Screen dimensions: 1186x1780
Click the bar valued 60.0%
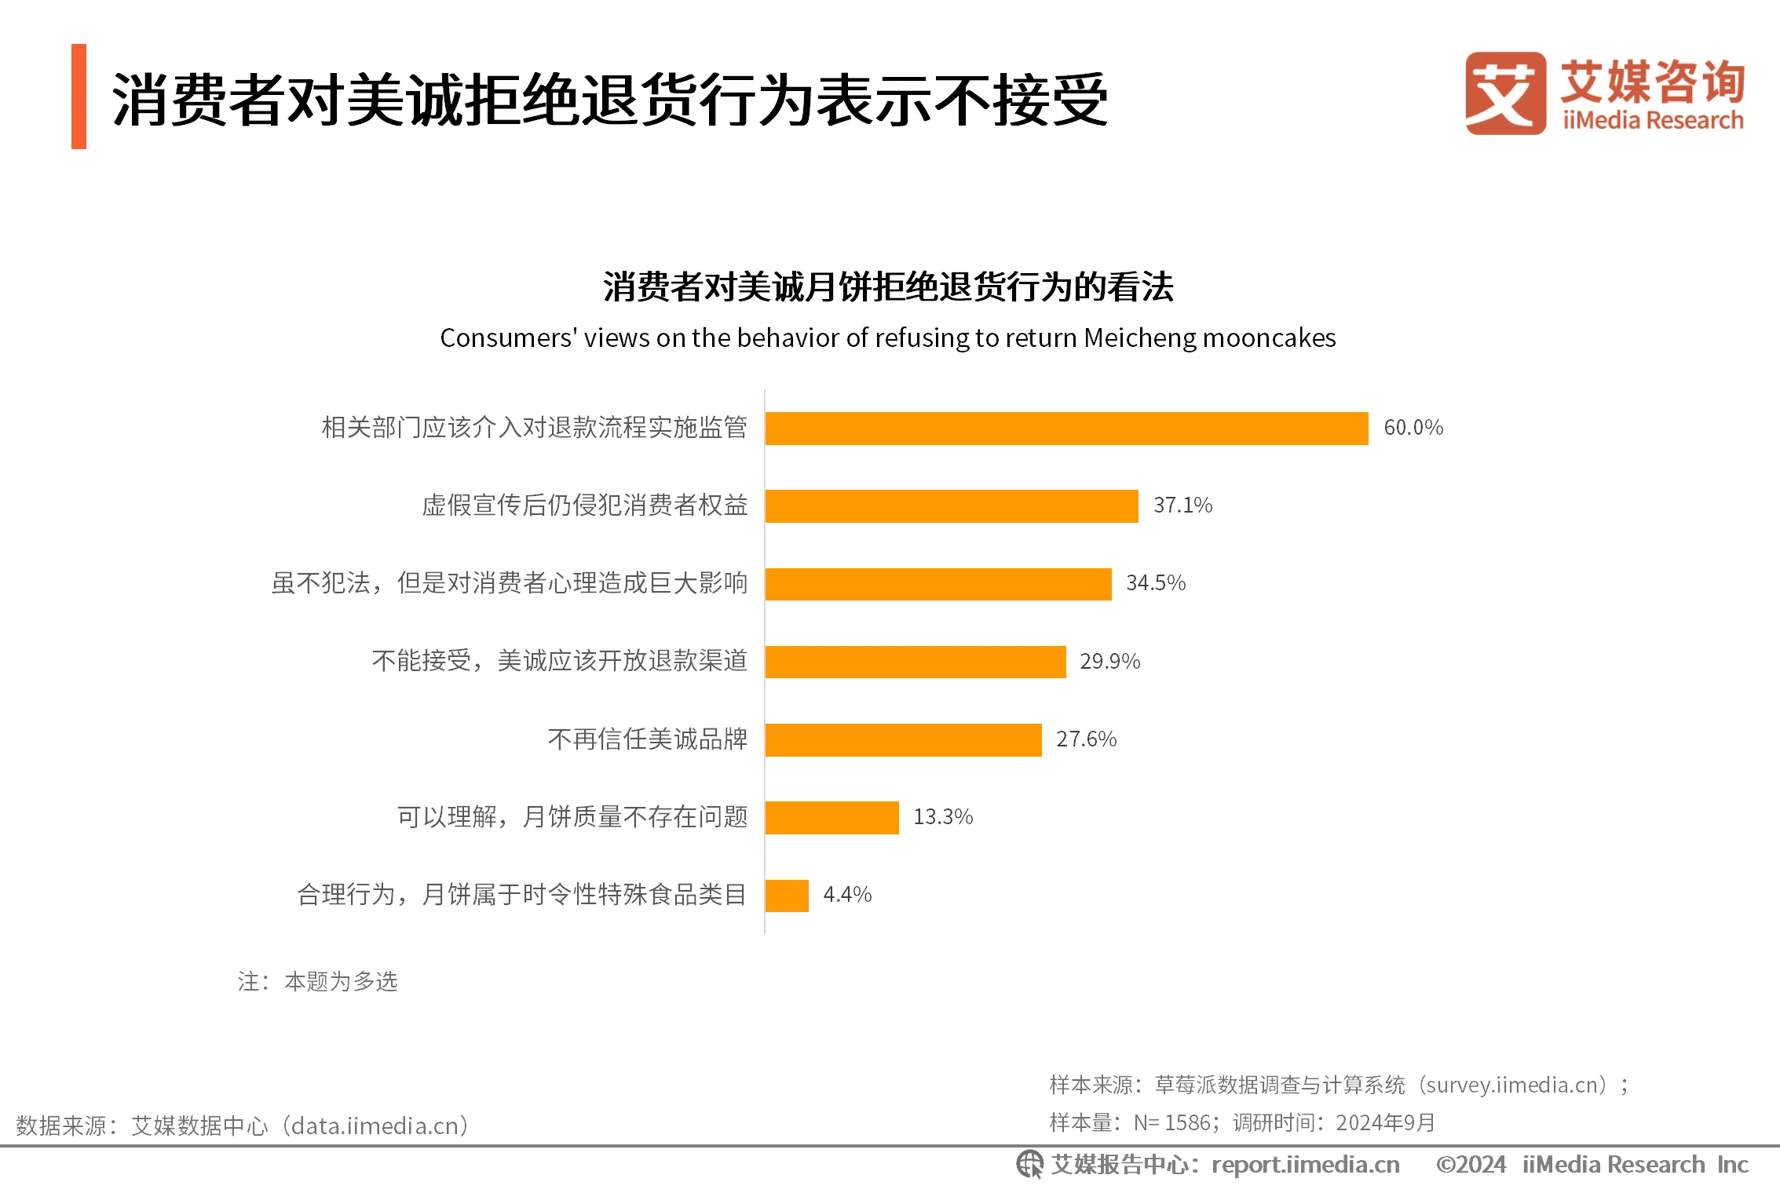click(1066, 428)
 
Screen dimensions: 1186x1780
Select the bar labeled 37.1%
click(952, 505)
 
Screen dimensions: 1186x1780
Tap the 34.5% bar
click(938, 584)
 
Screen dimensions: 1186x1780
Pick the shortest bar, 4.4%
click(787, 896)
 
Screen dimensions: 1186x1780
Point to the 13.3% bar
click(832, 817)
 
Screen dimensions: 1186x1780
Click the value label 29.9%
click(1109, 662)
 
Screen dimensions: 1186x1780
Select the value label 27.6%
click(1086, 739)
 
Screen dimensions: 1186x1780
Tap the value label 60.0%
click(1413, 428)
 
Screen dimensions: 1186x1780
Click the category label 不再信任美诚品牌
click(648, 739)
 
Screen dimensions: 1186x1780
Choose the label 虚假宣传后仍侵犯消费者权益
click(585, 505)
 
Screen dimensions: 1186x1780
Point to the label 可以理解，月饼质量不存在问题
click(572, 817)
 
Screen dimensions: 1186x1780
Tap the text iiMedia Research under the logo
click(1653, 121)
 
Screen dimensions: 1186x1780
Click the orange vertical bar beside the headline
click(79, 97)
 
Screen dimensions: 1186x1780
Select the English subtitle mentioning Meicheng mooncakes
click(887, 338)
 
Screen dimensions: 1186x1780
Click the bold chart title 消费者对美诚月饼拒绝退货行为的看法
click(888, 286)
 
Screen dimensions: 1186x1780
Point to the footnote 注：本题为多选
click(318, 982)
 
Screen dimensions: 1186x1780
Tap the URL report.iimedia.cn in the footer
click(1305, 1165)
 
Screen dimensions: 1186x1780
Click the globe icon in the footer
click(1029, 1165)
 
